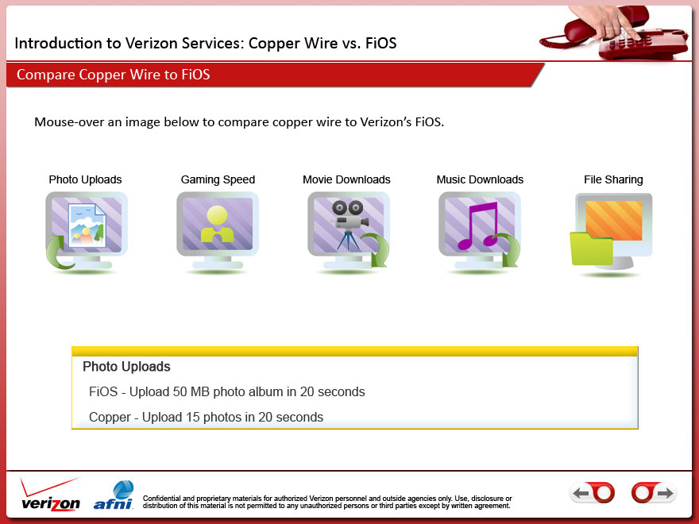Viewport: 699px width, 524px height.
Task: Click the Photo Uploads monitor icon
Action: click(87, 231)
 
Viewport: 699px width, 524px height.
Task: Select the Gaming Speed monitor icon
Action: click(218, 231)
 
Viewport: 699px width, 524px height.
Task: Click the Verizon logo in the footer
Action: click(50, 495)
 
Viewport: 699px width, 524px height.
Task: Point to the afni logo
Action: click(114, 495)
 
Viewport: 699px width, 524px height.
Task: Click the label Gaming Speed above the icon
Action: click(218, 179)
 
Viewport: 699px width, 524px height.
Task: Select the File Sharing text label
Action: click(613, 179)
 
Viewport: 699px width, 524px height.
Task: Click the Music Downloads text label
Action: click(480, 179)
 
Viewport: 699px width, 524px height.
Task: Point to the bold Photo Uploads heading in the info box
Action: click(126, 366)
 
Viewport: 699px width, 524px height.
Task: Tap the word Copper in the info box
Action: click(110, 417)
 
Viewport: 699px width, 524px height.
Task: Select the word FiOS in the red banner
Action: click(195, 75)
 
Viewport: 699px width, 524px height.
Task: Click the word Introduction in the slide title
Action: click(59, 43)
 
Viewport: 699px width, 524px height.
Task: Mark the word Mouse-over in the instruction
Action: click(69, 122)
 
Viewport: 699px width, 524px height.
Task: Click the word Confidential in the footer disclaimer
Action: click(162, 498)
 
